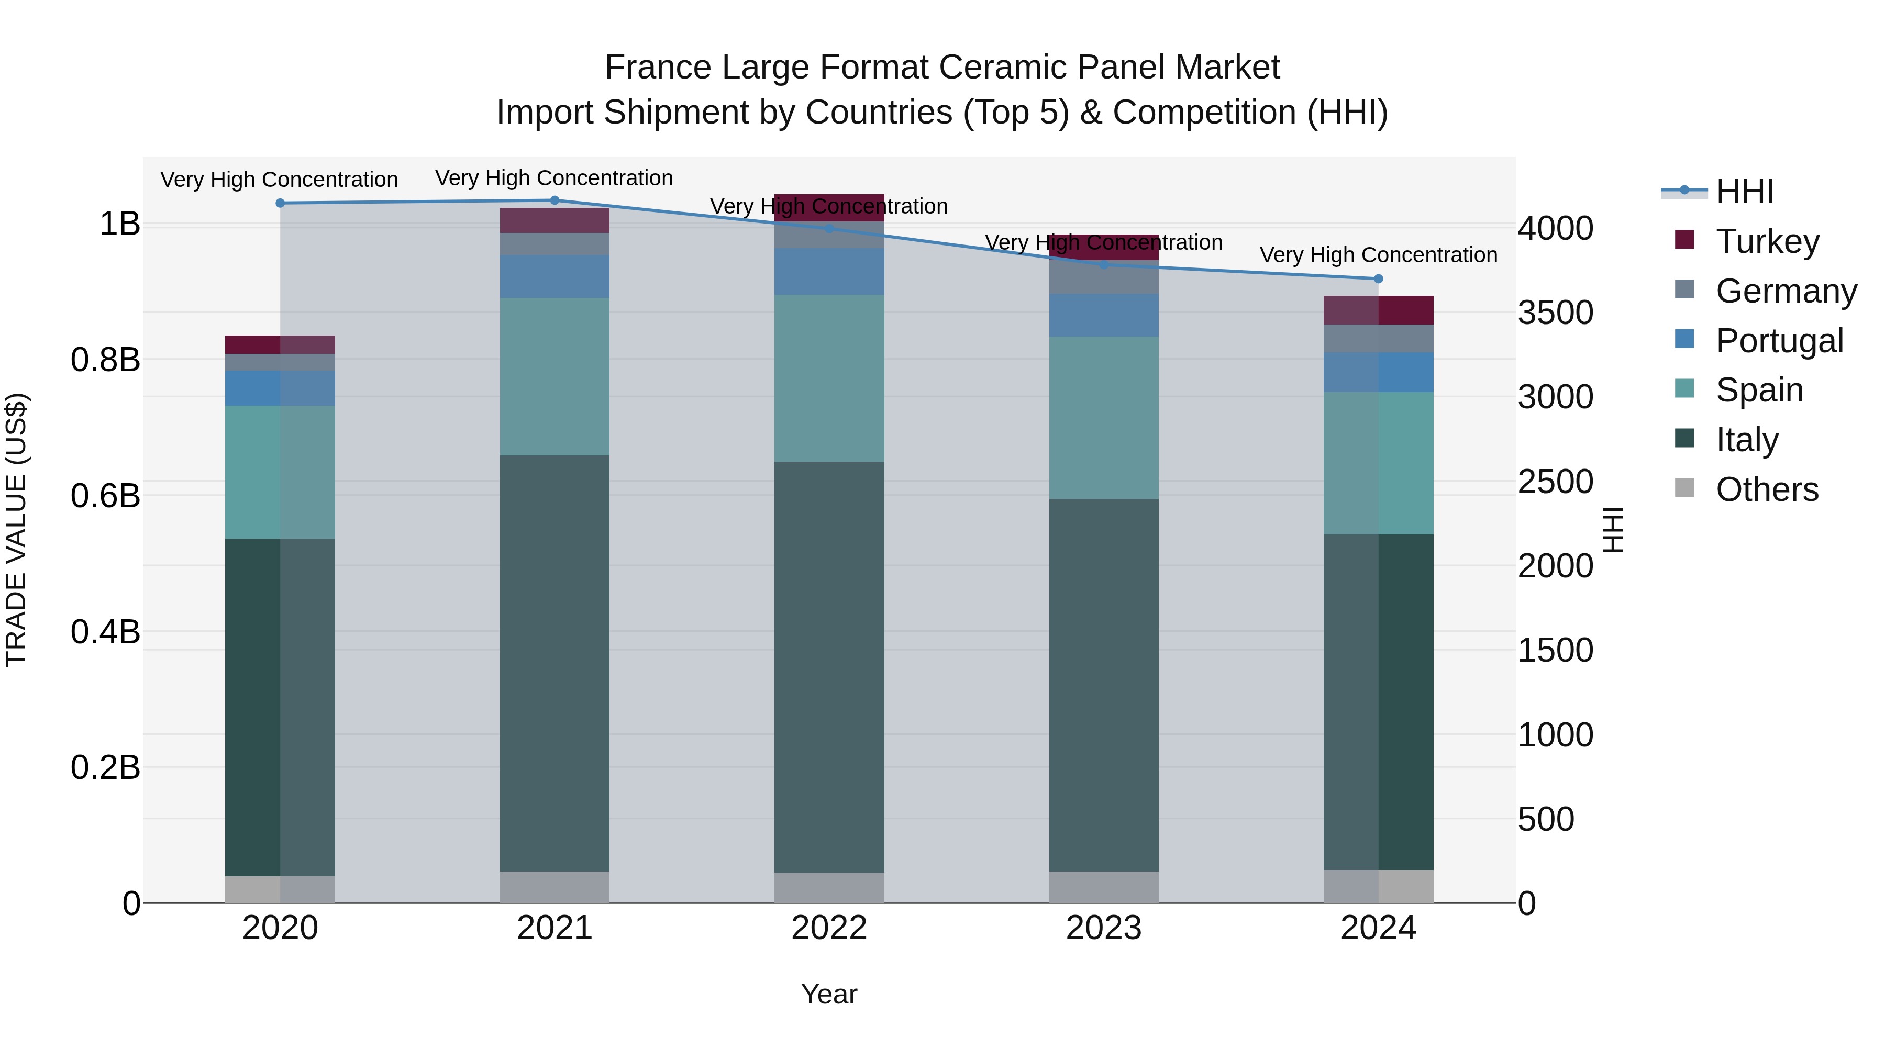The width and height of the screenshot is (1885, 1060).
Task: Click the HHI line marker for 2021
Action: (x=554, y=200)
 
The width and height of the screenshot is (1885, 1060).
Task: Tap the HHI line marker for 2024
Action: (x=1378, y=278)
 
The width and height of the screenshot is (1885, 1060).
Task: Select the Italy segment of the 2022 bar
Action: (x=829, y=666)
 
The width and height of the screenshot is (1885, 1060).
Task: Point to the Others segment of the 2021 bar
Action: (x=554, y=887)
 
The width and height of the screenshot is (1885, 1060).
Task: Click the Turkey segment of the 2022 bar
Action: (x=829, y=208)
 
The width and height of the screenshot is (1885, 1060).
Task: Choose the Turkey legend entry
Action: (x=1767, y=241)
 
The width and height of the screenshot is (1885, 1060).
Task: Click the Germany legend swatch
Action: (x=1684, y=289)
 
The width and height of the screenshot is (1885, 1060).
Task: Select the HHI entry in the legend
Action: (x=1745, y=192)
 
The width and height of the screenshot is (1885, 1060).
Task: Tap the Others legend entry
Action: (x=1767, y=489)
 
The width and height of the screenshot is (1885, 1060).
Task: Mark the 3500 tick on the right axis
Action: (x=1555, y=313)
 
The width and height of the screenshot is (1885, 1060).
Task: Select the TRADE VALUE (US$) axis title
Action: (x=16, y=530)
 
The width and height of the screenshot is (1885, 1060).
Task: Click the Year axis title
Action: (x=829, y=994)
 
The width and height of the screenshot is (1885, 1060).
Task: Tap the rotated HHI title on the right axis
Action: (x=1612, y=530)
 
